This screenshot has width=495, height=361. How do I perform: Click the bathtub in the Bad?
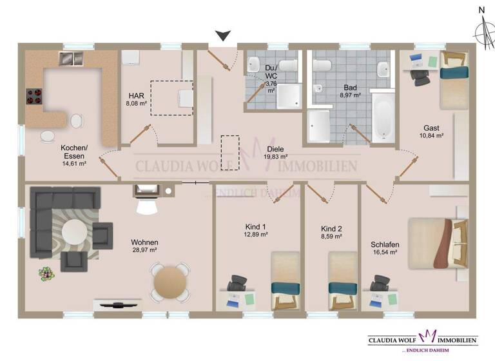click(x=382, y=117)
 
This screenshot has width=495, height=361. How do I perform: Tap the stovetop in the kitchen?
click(x=34, y=96)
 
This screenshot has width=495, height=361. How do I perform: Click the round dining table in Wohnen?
click(x=170, y=282)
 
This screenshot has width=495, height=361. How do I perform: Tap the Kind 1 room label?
click(x=255, y=228)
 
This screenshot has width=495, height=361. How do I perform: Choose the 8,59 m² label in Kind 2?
click(x=331, y=237)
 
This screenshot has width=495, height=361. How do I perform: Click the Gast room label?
click(x=431, y=128)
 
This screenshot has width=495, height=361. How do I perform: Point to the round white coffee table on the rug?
click(x=76, y=230)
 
